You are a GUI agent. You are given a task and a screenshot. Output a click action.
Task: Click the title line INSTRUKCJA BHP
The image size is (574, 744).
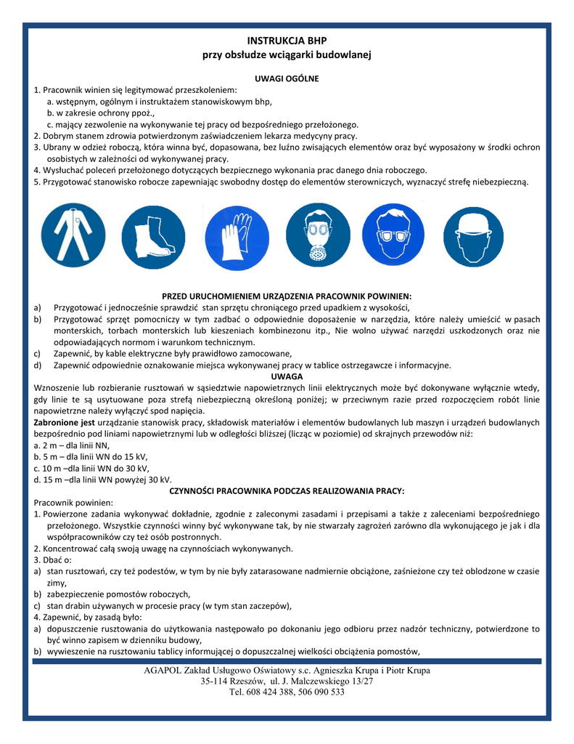[287, 41]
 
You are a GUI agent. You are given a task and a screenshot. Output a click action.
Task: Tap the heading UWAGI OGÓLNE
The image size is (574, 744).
[287, 78]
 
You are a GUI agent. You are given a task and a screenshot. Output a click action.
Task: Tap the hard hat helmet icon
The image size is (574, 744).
[472, 236]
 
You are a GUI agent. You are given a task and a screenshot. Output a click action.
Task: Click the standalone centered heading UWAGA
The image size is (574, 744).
[287, 377]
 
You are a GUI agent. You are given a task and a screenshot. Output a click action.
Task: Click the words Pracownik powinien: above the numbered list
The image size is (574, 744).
[73, 503]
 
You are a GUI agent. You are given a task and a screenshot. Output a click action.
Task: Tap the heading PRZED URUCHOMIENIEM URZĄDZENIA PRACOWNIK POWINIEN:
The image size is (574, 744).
[287, 296]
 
